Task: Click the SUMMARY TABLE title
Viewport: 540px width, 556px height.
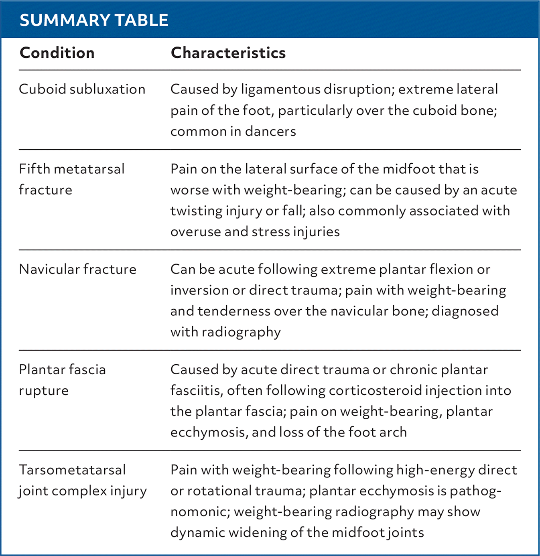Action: (x=94, y=20)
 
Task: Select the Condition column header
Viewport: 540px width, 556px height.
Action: (x=57, y=53)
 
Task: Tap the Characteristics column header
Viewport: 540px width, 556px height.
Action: (x=228, y=53)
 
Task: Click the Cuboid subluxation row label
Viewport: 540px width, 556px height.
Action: (x=82, y=89)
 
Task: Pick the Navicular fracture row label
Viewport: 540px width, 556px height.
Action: (x=77, y=269)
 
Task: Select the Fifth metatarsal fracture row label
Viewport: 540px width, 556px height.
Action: (x=71, y=179)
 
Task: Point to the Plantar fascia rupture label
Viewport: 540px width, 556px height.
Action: (x=62, y=380)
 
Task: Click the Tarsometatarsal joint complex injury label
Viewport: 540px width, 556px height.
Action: (x=82, y=480)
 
